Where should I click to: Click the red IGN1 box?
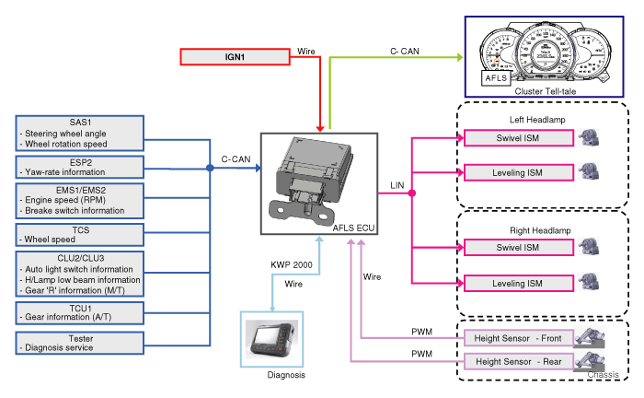pos(234,57)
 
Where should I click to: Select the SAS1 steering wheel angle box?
pos(80,133)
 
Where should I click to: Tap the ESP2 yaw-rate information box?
pos(80,166)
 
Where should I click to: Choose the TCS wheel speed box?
pos(80,233)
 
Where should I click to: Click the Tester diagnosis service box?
pos(80,343)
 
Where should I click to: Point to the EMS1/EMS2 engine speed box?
pos(80,199)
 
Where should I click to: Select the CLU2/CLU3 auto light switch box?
pos(80,273)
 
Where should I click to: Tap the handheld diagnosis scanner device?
pos(270,339)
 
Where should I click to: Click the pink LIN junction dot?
pos(412,193)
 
